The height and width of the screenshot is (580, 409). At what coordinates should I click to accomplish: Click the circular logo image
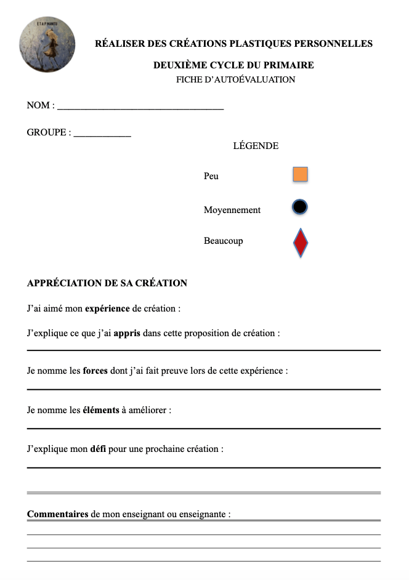(x=47, y=45)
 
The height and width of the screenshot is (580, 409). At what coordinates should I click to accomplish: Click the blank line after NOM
(x=140, y=108)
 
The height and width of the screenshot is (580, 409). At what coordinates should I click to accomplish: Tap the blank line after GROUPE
(x=102, y=135)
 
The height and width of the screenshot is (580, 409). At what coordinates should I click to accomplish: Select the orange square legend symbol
(x=300, y=175)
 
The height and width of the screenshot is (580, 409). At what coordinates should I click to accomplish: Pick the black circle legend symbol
(x=300, y=207)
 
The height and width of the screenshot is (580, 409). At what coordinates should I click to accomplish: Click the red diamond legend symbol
(x=300, y=243)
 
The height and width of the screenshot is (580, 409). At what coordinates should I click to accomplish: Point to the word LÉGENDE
(x=256, y=147)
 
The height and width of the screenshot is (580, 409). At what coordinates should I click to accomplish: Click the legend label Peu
(x=211, y=176)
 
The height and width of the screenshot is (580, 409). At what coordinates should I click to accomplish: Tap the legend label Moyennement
(x=232, y=210)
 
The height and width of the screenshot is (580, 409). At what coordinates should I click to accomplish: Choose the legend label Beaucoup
(x=223, y=241)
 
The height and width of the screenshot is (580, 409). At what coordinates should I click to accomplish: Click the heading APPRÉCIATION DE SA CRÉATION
(x=107, y=283)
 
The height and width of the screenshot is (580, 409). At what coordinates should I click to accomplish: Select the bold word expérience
(x=107, y=308)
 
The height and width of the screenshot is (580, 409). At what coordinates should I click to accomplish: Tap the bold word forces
(x=95, y=371)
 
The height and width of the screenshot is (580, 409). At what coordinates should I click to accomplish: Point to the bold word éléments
(x=101, y=410)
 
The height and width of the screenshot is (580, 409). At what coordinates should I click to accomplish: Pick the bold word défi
(x=98, y=449)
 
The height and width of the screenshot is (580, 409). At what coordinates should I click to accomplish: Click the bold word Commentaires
(x=58, y=514)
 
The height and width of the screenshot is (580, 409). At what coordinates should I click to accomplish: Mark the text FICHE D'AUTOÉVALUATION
(x=235, y=79)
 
